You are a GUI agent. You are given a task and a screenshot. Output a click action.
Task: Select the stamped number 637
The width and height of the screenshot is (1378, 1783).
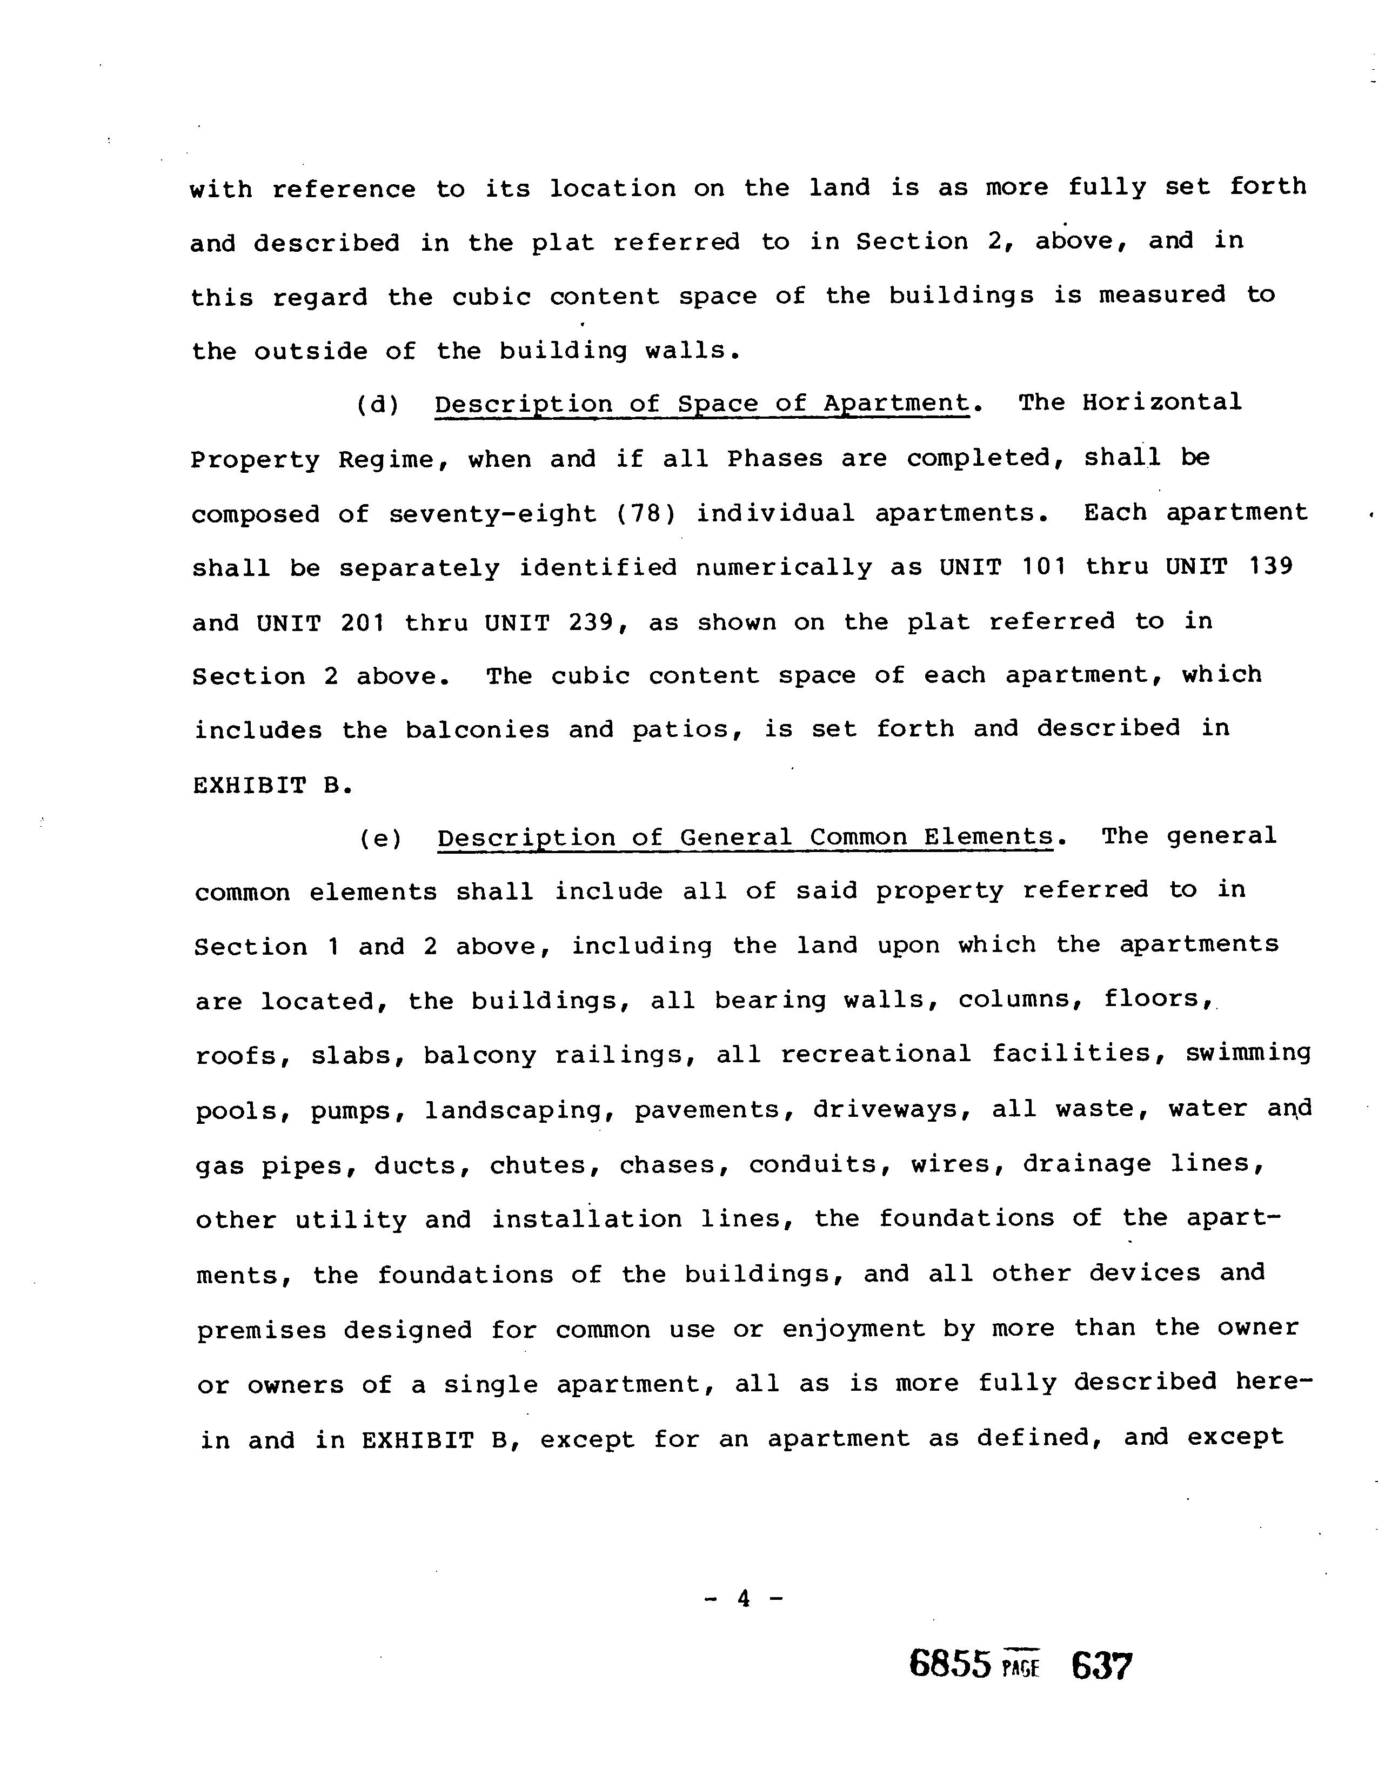click(1101, 1665)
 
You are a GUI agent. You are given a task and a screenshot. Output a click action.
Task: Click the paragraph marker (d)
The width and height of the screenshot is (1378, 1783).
click(378, 405)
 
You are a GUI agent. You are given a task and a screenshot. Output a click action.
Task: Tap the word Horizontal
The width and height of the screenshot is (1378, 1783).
click(1162, 403)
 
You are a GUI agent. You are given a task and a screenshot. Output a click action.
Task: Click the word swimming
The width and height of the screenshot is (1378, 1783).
click(1248, 1053)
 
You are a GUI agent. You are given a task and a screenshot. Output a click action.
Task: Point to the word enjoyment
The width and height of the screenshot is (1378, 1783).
click(853, 1329)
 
